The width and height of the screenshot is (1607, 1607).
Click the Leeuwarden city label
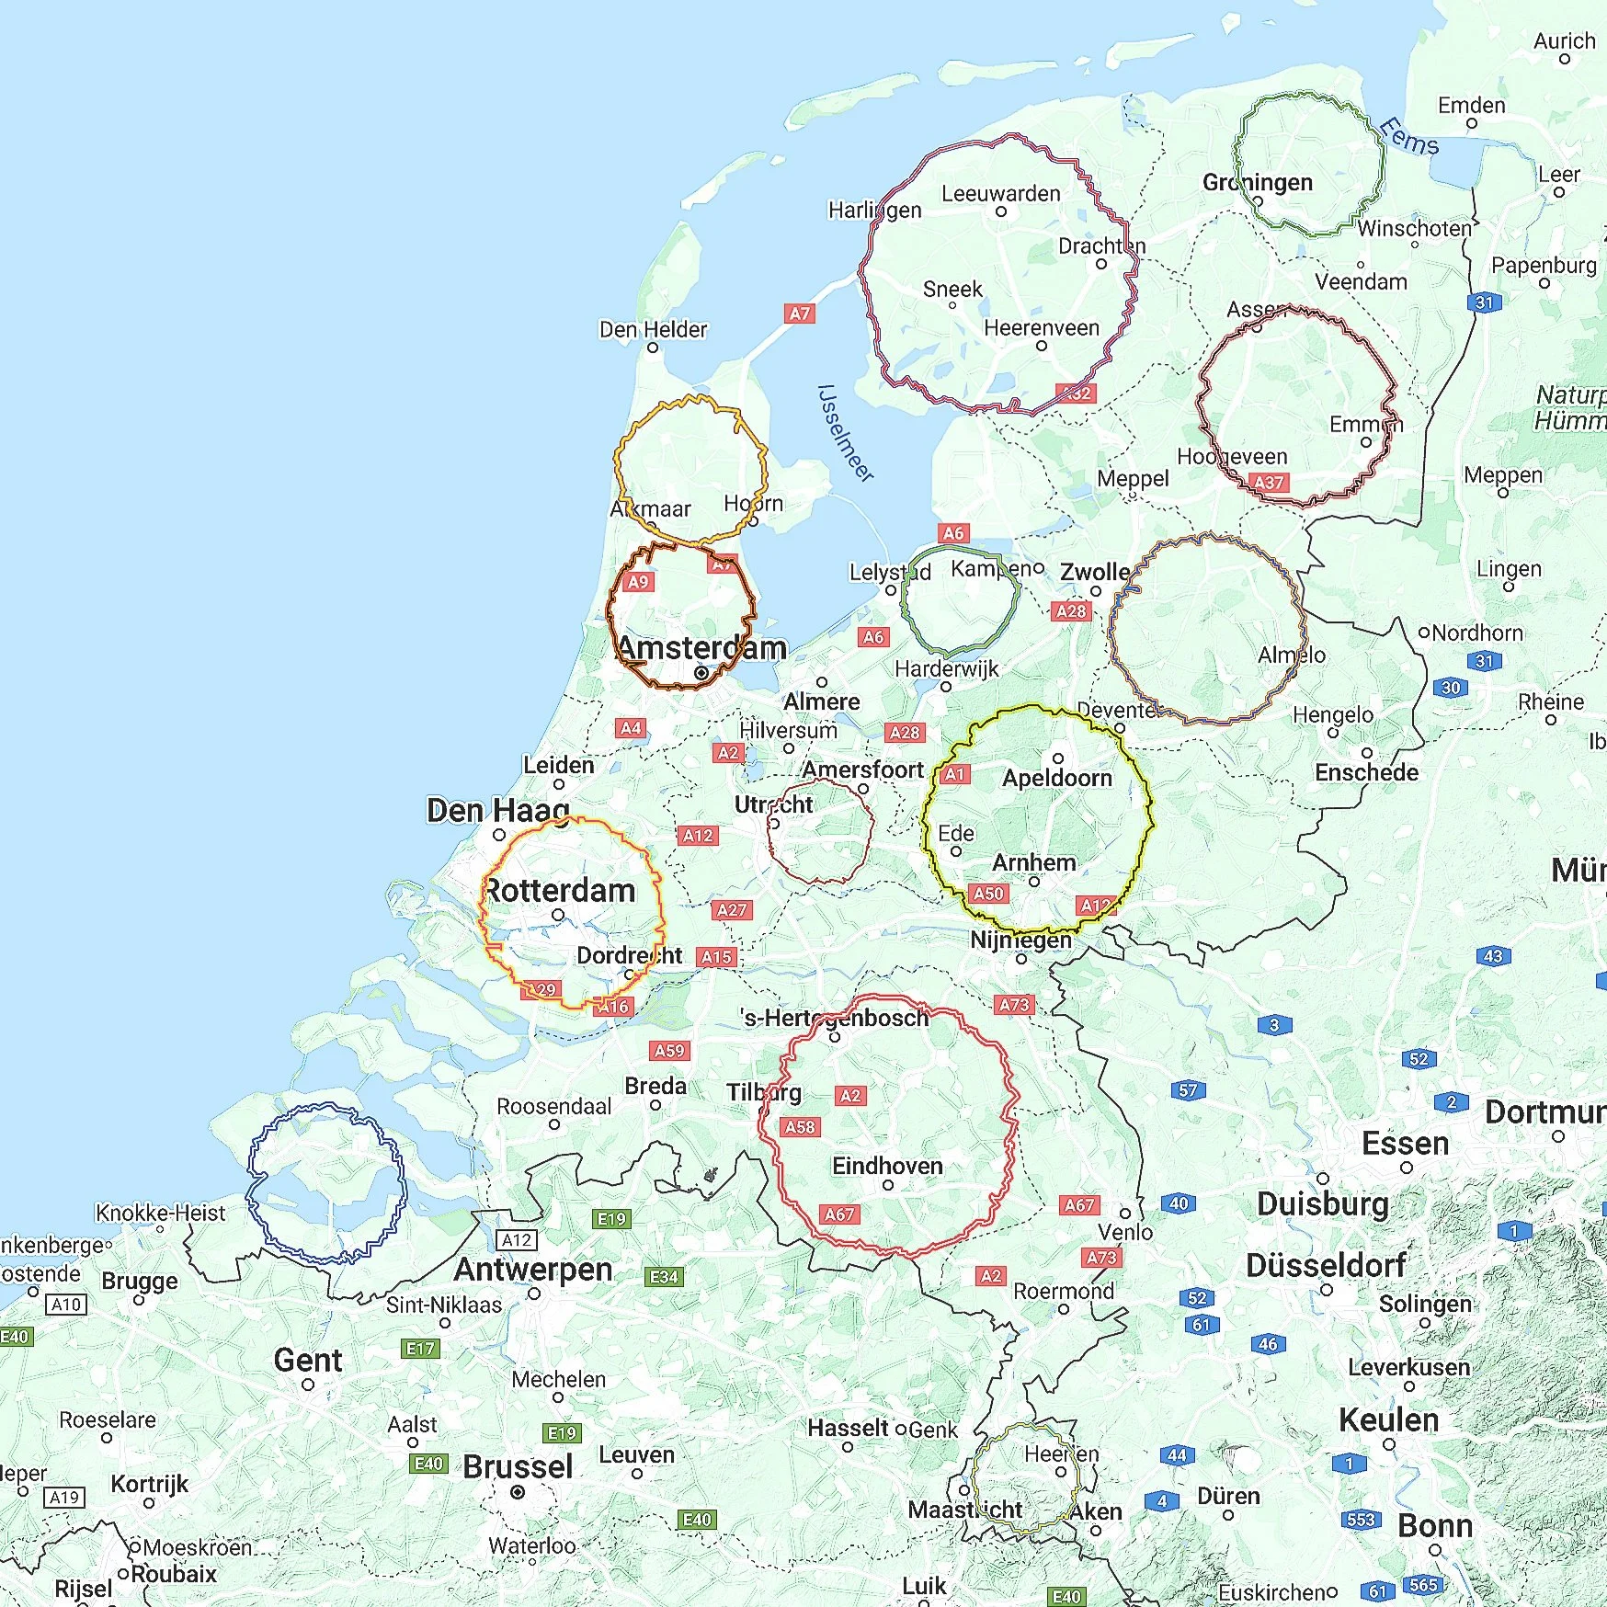[1000, 194]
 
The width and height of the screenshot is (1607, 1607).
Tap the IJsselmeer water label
[844, 433]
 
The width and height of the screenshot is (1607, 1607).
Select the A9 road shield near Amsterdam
[638, 582]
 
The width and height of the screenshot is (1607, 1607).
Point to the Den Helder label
[653, 329]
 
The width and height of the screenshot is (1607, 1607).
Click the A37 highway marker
[1269, 482]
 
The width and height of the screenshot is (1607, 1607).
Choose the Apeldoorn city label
[1057, 778]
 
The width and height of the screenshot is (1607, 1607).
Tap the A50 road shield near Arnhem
[988, 893]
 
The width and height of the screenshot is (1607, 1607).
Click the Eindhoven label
[887, 1166]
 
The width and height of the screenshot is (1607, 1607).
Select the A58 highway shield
[800, 1127]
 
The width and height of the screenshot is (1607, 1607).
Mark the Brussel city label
[518, 1466]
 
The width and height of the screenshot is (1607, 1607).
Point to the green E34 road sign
[664, 1277]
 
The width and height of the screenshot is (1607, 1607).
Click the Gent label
[308, 1360]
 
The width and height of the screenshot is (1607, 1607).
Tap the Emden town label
[1471, 106]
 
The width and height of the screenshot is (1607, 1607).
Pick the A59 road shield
[669, 1050]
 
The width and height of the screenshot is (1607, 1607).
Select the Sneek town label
[952, 290]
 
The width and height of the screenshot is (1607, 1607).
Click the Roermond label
[1063, 1291]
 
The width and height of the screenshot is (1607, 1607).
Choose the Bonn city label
[1435, 1525]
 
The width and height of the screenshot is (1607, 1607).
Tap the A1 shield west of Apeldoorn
[956, 774]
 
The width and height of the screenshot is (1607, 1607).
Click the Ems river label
[1409, 138]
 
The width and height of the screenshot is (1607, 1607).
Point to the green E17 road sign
[421, 1349]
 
